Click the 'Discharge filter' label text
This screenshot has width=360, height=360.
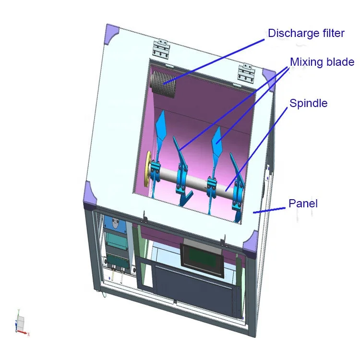coord(306,34)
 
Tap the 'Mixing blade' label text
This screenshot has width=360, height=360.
coord(322,62)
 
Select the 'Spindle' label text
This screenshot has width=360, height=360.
coord(308,103)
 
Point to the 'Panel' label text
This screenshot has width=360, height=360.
coord(303,204)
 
